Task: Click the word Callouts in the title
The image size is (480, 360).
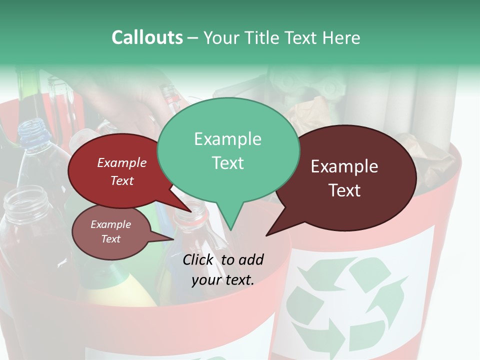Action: (147, 37)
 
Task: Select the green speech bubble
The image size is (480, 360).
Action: (228, 150)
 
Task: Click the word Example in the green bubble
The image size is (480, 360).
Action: (227, 139)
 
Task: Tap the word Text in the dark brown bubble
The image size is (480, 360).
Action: (345, 190)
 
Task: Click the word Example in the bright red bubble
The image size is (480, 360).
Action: (121, 163)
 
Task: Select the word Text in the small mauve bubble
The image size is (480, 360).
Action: (111, 239)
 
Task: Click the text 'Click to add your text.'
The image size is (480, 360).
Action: (223, 270)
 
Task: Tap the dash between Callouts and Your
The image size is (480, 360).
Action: (193, 38)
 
